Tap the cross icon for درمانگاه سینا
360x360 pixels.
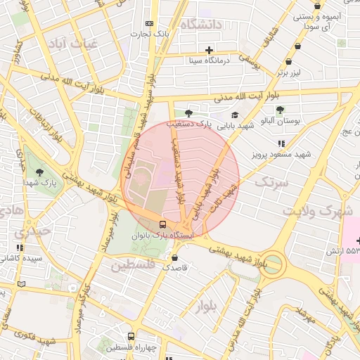pyautogui.click(x=209, y=49)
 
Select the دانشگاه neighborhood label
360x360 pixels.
pyautogui.click(x=201, y=25)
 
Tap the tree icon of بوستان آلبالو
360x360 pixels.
pyautogui.click(x=281, y=110)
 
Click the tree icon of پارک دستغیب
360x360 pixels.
pyautogui.click(x=188, y=112)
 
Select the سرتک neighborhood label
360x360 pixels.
pyautogui.click(x=271, y=183)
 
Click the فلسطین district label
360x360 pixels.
pyautogui.click(x=131, y=265)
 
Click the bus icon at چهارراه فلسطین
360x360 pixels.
pyautogui.click(x=131, y=337)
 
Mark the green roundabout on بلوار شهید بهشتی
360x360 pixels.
pyautogui.click(x=274, y=266)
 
